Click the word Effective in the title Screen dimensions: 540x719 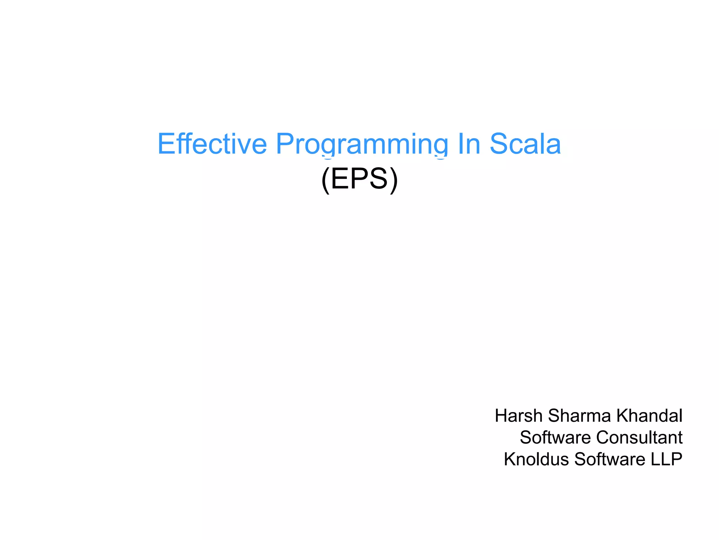click(212, 144)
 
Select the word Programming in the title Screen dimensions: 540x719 click(362, 144)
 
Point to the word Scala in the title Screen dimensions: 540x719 click(525, 144)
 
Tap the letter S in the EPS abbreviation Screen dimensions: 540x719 click(378, 179)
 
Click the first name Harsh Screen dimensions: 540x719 click(519, 416)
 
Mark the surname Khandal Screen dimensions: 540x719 click(649, 416)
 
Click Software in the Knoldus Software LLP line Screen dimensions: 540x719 click(609, 459)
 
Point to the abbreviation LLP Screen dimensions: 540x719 click(666, 459)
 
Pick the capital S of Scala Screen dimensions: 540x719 click(499, 144)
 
